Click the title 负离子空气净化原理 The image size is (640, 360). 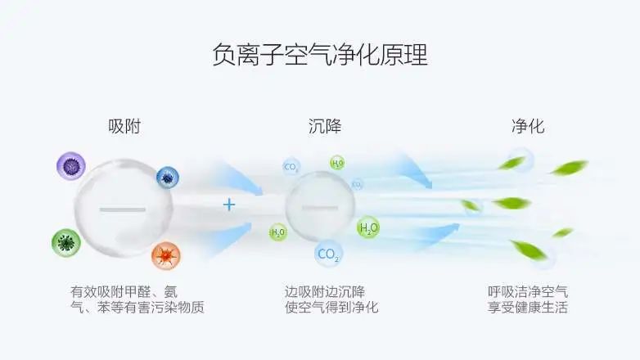tap(319, 56)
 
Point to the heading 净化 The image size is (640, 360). tap(528, 127)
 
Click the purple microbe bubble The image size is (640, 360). tap(71, 166)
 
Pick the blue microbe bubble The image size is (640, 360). tap(167, 177)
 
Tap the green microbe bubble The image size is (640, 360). tap(65, 243)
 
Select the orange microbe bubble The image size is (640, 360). tap(165, 256)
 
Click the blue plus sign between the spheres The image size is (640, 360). tap(229, 205)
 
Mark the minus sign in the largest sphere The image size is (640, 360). tap(121, 210)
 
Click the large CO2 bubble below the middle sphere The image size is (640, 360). tap(328, 255)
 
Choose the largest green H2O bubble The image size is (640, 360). tap(368, 227)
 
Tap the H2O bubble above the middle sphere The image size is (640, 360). tap(337, 163)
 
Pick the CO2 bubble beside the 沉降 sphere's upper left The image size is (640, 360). tap(291, 167)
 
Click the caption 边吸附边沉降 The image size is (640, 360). tap(325, 291)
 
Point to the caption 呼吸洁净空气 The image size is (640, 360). tap(528, 291)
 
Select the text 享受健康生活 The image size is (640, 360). tap(528, 308)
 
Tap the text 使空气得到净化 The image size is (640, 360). tap(331, 308)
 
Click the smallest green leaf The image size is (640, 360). tap(562, 232)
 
